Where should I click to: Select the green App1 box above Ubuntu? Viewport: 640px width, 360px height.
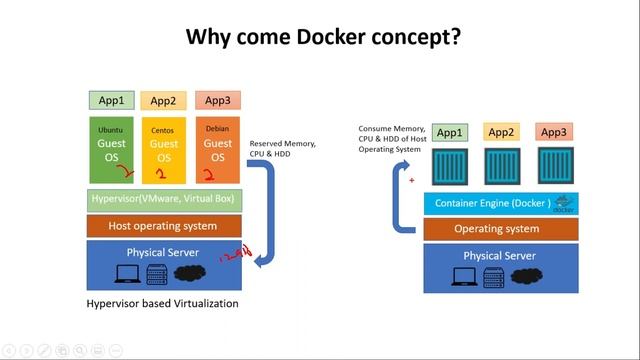111,100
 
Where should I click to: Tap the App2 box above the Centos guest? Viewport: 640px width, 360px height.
163,100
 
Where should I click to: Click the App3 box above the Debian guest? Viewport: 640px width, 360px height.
217,100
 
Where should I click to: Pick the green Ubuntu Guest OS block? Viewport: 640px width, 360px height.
111,151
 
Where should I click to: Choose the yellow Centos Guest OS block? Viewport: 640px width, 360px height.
164,151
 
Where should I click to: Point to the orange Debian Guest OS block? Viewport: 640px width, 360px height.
217,151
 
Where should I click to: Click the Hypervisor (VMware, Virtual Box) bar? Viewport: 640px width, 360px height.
164,199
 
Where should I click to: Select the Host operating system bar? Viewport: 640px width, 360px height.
164,226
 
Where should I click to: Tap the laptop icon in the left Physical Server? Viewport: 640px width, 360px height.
129,273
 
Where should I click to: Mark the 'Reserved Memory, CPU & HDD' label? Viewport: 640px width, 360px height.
282,149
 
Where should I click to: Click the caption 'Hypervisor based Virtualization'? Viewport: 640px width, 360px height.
162,303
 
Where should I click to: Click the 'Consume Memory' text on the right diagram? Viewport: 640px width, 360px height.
393,130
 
